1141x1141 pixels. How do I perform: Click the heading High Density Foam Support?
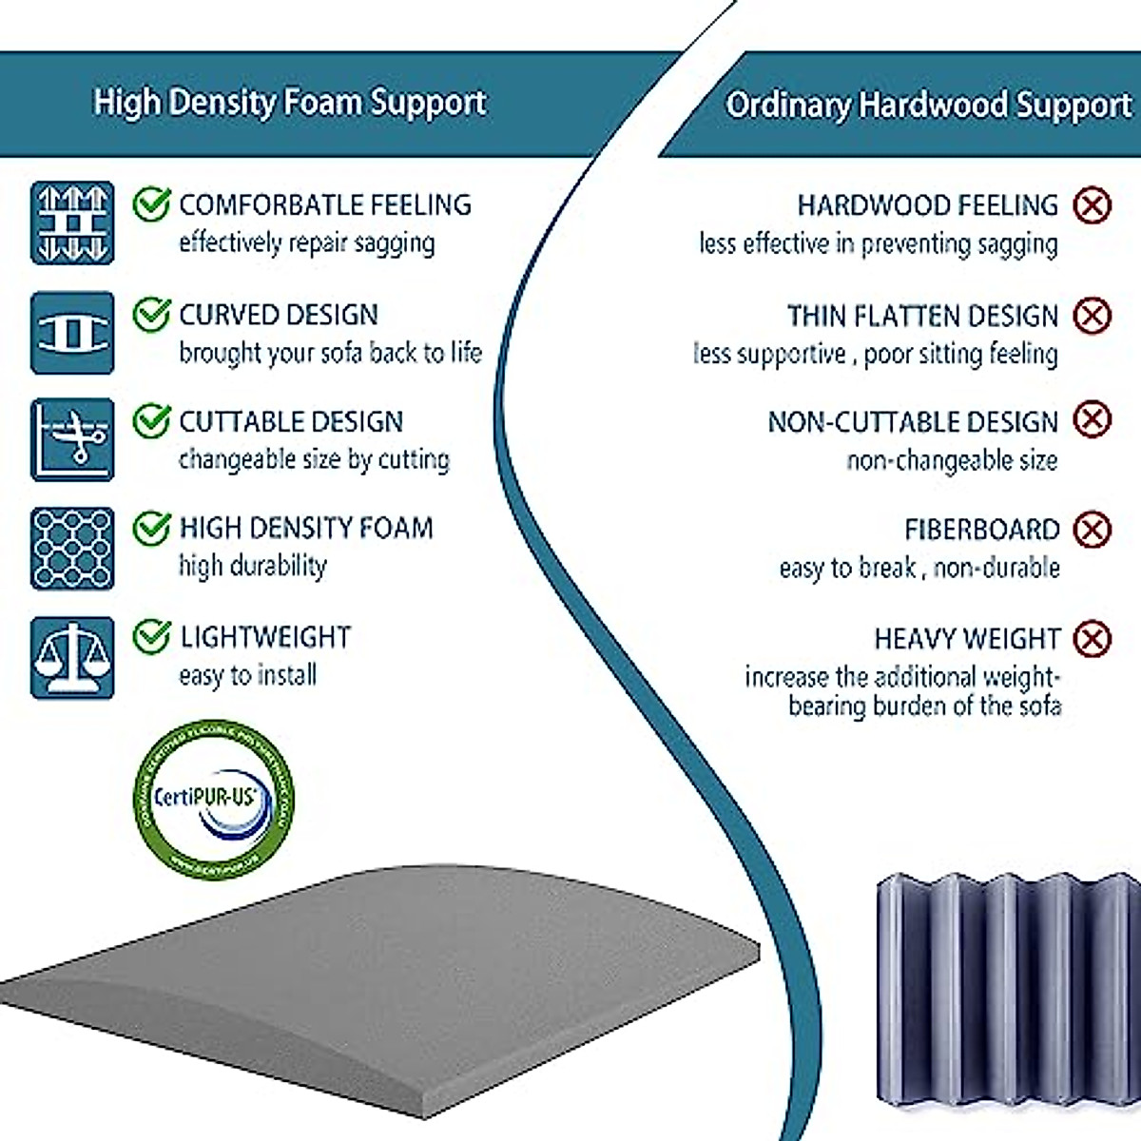point(290,103)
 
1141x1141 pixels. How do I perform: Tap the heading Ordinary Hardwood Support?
point(928,105)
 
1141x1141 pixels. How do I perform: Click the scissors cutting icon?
point(72,440)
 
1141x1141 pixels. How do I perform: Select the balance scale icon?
point(72,658)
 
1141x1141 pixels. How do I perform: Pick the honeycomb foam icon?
point(72,549)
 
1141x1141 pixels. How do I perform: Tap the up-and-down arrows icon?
point(72,222)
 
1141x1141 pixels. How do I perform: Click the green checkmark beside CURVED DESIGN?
point(151,315)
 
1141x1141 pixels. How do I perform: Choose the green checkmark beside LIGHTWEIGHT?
point(151,636)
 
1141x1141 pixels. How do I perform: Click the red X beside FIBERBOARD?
point(1092,530)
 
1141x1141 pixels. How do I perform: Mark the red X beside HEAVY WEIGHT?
point(1092,638)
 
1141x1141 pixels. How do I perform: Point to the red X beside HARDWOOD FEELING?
point(1092,204)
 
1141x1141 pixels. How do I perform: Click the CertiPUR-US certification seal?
point(213,799)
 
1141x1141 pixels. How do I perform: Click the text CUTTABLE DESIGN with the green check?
point(291,421)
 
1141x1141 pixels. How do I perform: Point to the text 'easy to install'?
point(247,675)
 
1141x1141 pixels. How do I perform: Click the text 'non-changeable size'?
point(952,461)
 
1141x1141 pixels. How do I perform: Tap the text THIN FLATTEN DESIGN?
point(922,316)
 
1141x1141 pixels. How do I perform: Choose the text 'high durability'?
point(253,567)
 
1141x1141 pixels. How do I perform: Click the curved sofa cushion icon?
point(72,332)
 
